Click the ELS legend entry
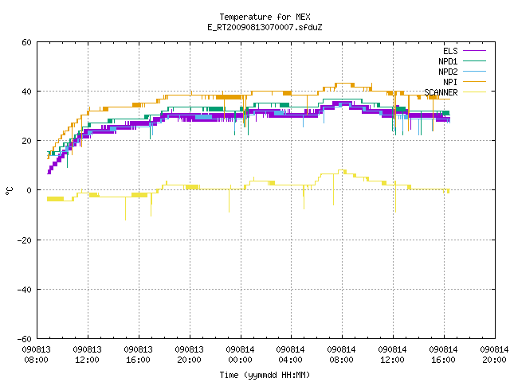coord(450,51)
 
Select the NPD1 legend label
coord(448,61)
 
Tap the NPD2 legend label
coord(448,72)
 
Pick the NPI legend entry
coord(450,82)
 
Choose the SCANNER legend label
coord(441,92)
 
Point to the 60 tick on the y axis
coord(26,42)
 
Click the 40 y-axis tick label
coord(26,92)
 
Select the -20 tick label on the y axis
coord(25,240)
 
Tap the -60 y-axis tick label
coord(25,339)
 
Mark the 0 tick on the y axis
coord(29,190)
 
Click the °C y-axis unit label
coord(10,191)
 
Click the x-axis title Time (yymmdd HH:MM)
coord(265,375)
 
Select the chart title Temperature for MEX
coord(265,17)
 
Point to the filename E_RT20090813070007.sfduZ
coord(265,27)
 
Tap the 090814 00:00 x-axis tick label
coord(240,355)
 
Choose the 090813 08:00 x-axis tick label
coord(36,355)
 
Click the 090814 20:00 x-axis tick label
coord(494,355)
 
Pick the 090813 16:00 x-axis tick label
coord(138,355)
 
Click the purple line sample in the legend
coord(474,51)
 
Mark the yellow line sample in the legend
coord(474,92)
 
